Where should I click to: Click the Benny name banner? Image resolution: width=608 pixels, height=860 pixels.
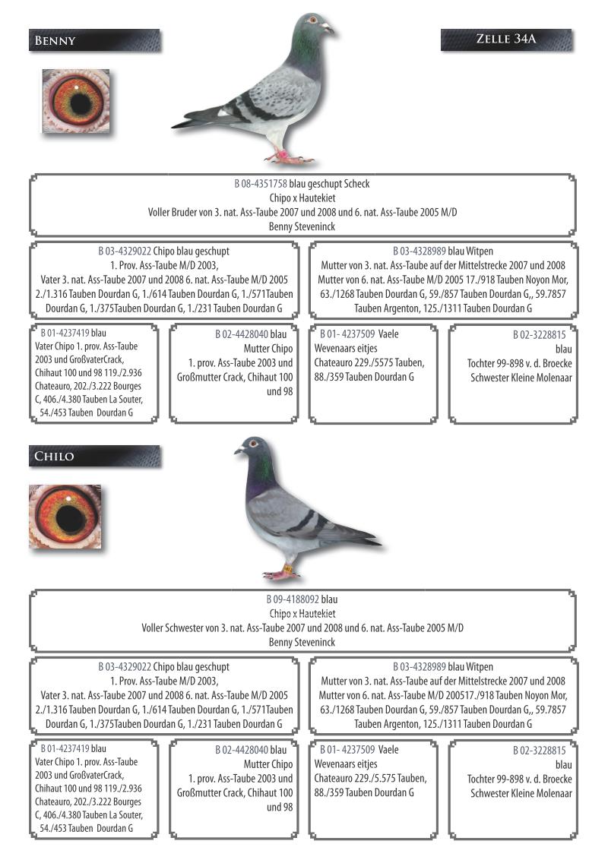point(94,40)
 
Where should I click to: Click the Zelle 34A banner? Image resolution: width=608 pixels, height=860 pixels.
point(505,40)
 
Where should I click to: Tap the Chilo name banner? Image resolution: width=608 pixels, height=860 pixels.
point(94,457)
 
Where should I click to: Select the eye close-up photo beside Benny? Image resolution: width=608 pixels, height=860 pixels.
point(75,101)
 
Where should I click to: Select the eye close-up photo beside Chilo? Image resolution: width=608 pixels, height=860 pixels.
point(65,517)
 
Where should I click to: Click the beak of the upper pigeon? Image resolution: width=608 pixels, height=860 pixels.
point(329,29)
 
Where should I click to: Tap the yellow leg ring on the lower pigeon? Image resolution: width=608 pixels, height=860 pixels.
point(289,568)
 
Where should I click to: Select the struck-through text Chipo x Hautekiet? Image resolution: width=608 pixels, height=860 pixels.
point(302,613)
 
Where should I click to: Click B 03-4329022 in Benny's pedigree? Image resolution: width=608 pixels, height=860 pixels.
point(125,251)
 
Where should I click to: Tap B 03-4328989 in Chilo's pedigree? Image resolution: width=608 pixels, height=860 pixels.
point(419,667)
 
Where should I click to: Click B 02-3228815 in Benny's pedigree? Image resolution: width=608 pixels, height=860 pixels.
point(539,334)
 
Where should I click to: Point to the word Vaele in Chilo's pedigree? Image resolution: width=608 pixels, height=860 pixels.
point(388,750)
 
